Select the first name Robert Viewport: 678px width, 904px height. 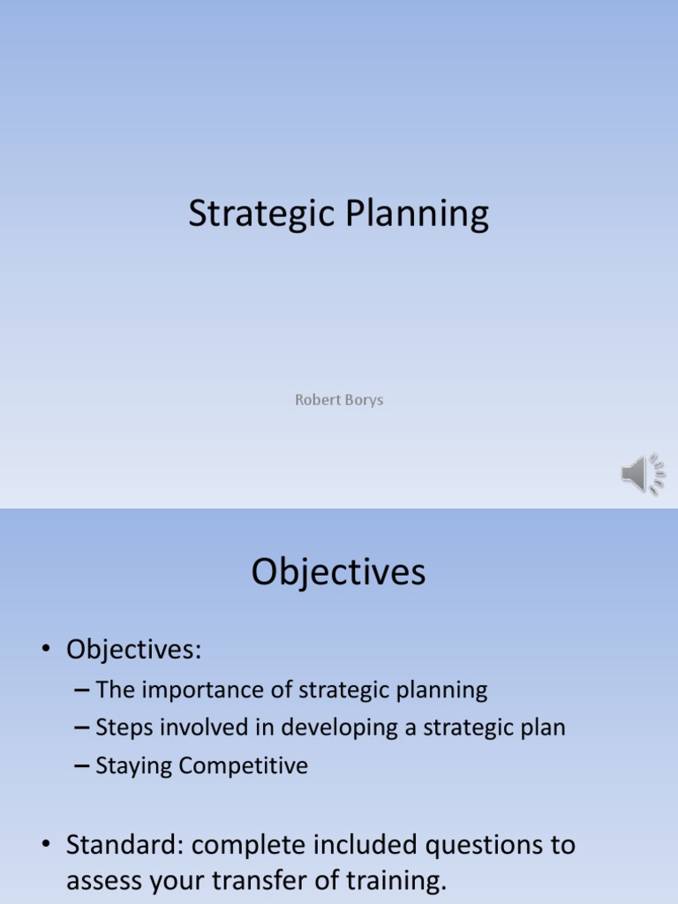[x=315, y=400]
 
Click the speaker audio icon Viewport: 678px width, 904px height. [x=642, y=474]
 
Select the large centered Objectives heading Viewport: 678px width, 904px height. [x=338, y=573]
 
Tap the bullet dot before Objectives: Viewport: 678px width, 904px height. [x=45, y=652]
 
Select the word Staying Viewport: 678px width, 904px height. [x=133, y=766]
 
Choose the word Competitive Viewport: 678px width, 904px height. [x=243, y=765]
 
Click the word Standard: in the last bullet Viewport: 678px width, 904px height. [x=124, y=845]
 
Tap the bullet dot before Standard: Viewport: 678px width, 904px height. [x=45, y=846]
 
